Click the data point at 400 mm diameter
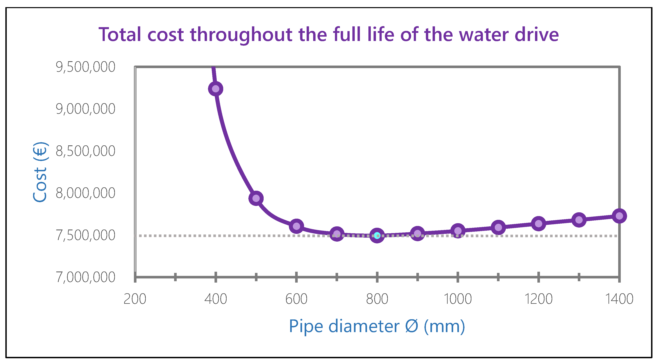pos(216,89)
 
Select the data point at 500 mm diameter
pos(256,198)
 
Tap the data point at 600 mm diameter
pos(296,226)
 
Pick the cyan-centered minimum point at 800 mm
pos(377,235)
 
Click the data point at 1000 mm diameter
pos(458,231)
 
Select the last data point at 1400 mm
pos(619,216)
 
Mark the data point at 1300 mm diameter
pos(579,220)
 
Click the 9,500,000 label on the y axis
pos(86,67)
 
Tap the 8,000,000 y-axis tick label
pos(86,193)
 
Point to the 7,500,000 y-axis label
pos(86,235)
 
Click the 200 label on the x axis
pos(135,299)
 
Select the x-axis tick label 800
pos(377,299)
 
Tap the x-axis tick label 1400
pos(619,299)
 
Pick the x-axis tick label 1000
pos(458,299)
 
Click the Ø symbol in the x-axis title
pos(412,326)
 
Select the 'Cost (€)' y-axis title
pos(40,172)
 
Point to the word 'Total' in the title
pos(120,34)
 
